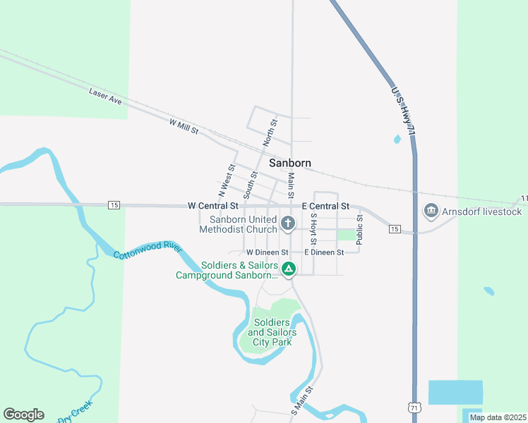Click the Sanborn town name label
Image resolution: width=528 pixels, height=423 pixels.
tap(289, 163)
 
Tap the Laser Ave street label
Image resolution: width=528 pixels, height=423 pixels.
tap(106, 97)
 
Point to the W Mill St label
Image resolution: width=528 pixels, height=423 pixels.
tap(184, 127)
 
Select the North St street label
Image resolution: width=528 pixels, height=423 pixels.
tap(269, 133)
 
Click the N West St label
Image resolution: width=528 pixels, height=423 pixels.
tap(226, 180)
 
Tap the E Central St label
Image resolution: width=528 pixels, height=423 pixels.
tap(325, 207)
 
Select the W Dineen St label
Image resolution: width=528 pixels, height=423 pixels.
tap(268, 252)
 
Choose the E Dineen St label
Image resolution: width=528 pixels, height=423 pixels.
tap(323, 252)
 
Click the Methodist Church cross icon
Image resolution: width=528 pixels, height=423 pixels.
tap(287, 224)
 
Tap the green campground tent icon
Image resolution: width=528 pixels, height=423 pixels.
tap(288, 269)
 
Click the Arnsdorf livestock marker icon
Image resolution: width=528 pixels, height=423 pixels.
tap(430, 211)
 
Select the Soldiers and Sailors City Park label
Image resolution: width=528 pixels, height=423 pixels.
tap(272, 332)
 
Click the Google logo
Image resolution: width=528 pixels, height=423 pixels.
tap(23, 415)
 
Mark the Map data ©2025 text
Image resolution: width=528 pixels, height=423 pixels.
tap(497, 417)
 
